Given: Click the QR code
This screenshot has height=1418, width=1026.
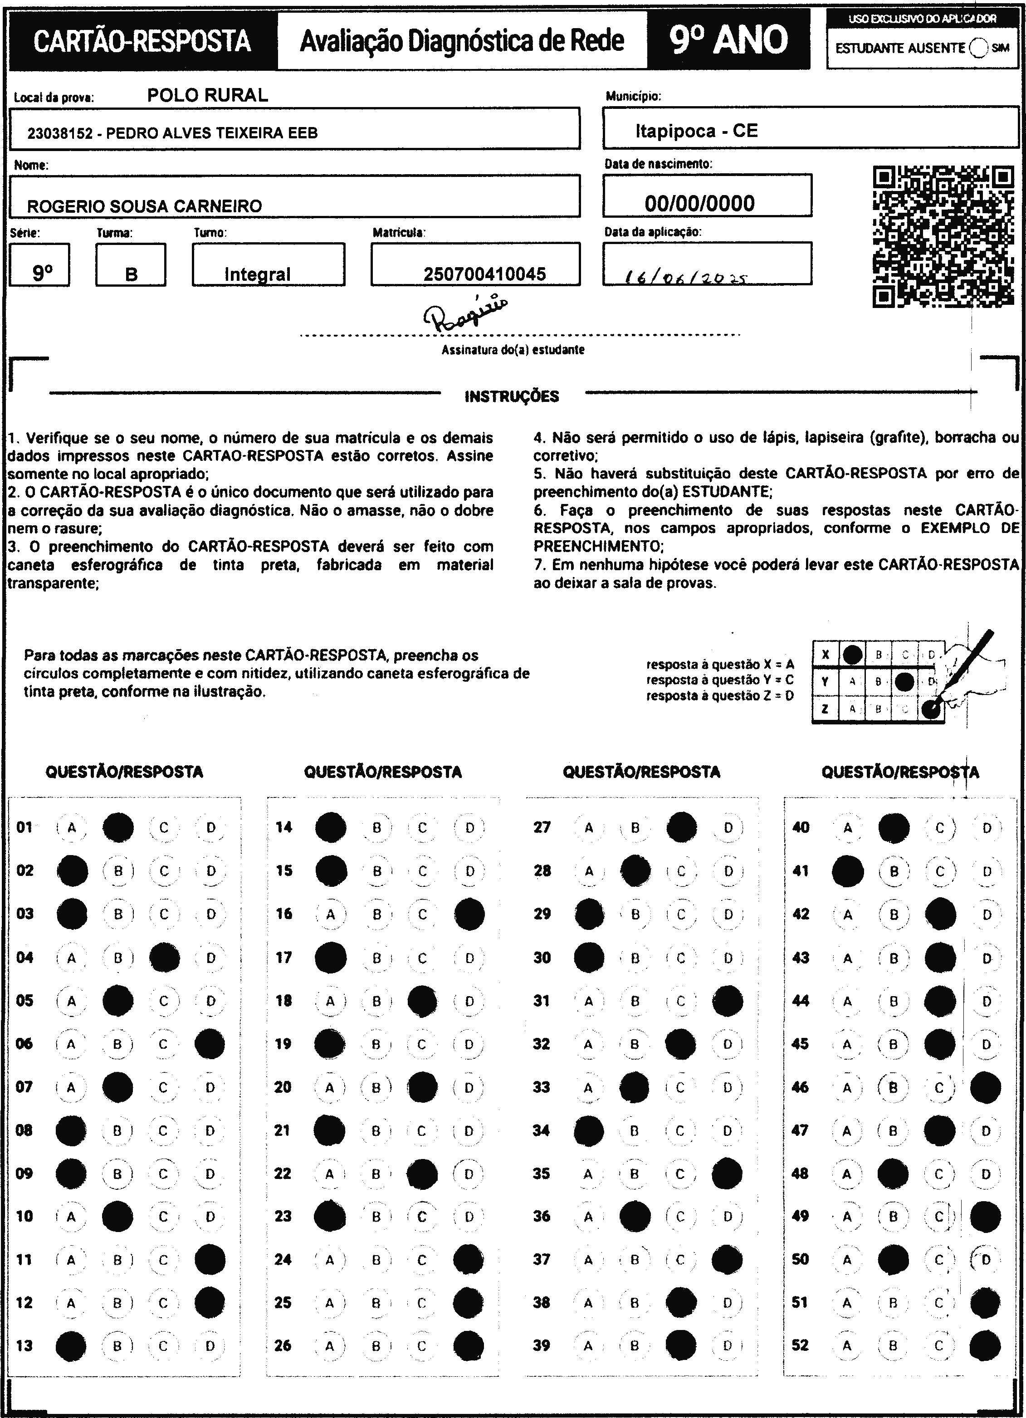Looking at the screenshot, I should (x=943, y=236).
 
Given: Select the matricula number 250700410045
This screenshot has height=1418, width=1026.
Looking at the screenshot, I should (x=484, y=274).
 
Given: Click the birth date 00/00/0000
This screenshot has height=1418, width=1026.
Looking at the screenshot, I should (x=699, y=203).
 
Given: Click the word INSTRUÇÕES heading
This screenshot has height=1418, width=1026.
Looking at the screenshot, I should (x=512, y=396).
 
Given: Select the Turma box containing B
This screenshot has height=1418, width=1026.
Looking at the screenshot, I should (x=131, y=265).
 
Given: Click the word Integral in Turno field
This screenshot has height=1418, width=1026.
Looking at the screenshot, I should (x=258, y=274).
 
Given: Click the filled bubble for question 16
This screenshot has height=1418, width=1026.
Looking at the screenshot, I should (x=469, y=914).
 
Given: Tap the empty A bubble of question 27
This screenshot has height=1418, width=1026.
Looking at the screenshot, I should (x=589, y=828).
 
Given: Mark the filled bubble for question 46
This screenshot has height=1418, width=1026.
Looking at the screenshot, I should (x=985, y=1087).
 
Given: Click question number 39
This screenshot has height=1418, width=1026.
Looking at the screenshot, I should (x=542, y=1345).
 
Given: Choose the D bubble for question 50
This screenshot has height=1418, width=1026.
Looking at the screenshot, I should (x=986, y=1259).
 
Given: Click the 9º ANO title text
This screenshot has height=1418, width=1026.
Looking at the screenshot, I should (x=728, y=40).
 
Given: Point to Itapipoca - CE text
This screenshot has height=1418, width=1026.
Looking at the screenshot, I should (x=697, y=131).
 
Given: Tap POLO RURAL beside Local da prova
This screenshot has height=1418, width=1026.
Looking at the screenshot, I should (x=208, y=95).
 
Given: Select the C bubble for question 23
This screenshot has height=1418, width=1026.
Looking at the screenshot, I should (x=422, y=1217).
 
